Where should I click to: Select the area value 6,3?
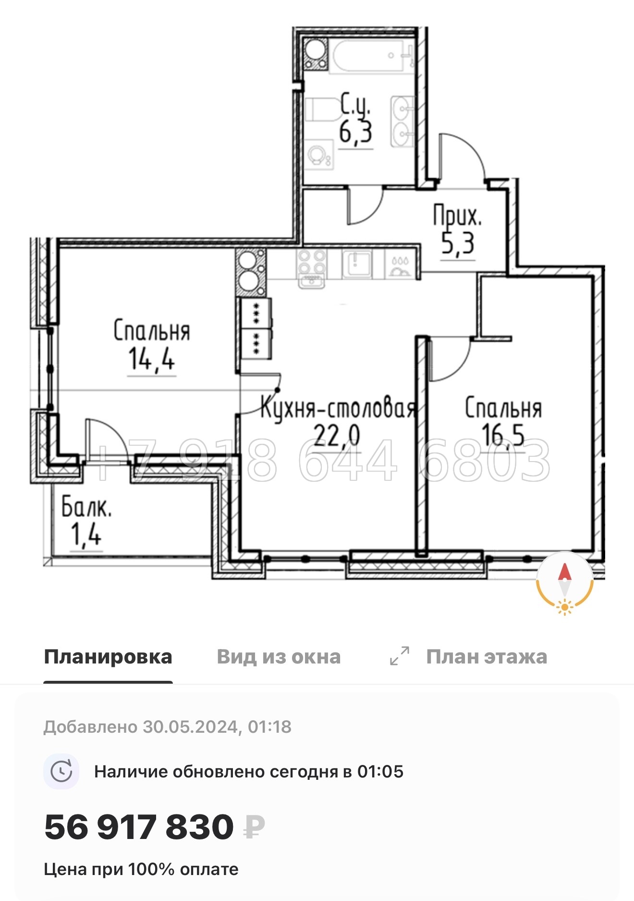pos(355,132)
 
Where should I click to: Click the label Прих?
pos(457,216)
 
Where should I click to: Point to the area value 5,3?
pos(458,243)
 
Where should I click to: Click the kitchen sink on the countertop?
pos(356,263)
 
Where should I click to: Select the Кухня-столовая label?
pos(338,409)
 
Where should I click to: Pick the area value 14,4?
pos(151,359)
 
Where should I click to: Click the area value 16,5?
pos(503,435)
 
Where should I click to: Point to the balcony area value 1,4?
pos(86,534)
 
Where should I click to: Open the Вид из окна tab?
pos(279,657)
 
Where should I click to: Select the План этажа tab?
pos(486,657)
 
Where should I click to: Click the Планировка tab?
pos(108,657)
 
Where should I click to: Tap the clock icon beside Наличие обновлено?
pos(61,772)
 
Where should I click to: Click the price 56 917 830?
pos(139,827)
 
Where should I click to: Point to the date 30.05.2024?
pos(190,726)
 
